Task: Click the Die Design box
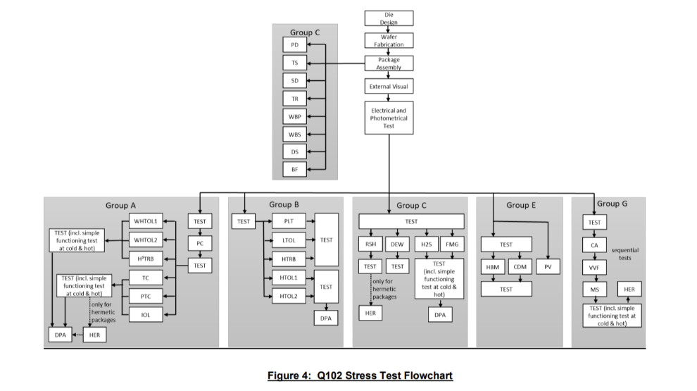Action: click(389, 18)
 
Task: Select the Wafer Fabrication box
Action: click(389, 41)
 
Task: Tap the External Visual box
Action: click(389, 87)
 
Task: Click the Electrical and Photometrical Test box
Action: click(389, 118)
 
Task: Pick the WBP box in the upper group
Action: click(294, 116)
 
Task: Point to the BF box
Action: click(294, 169)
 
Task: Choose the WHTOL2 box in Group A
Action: click(146, 239)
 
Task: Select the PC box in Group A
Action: click(200, 244)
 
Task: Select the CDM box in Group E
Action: click(520, 267)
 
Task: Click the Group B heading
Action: click(284, 205)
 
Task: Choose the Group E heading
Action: click(520, 205)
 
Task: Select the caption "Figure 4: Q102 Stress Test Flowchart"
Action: click(360, 376)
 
